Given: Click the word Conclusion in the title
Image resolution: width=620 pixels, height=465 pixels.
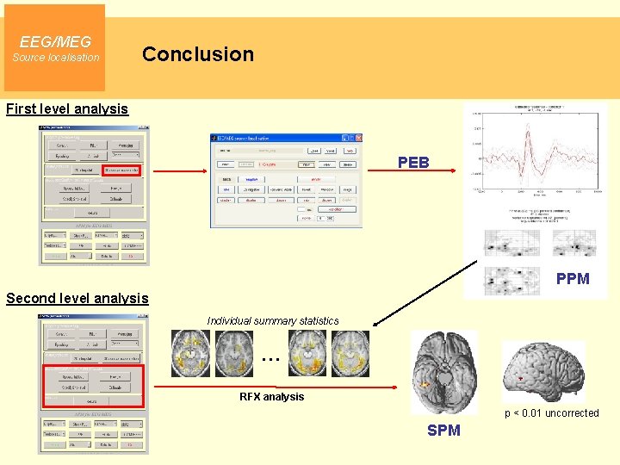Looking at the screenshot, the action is (198, 54).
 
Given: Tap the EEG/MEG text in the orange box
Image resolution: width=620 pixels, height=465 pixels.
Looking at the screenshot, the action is (55, 41).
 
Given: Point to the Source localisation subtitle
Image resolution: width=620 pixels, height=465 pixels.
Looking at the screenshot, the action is (55, 58).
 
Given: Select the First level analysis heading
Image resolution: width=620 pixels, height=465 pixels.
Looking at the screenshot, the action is (67, 108).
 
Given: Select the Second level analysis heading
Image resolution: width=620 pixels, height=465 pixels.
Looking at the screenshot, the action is (77, 298).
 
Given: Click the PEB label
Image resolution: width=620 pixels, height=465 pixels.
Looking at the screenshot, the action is (413, 163).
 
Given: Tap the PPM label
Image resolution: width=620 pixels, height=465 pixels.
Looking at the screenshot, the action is (573, 278).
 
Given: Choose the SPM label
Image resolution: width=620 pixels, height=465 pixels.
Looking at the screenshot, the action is (443, 430).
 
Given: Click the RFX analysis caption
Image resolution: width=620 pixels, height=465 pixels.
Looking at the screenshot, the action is (271, 397).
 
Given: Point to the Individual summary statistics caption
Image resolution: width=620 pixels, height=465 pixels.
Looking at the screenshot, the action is (273, 321).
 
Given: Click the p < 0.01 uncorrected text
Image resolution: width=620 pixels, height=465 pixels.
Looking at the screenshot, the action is (551, 413).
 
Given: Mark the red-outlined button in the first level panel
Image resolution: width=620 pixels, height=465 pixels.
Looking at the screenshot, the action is (122, 170).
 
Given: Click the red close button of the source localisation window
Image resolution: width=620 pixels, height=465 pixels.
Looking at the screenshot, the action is (357, 138).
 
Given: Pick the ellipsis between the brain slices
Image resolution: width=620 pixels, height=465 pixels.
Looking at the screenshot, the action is (270, 356).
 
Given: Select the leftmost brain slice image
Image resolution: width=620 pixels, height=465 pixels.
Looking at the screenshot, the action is (190, 353).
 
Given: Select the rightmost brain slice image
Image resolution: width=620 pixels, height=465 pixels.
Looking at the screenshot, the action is (349, 353).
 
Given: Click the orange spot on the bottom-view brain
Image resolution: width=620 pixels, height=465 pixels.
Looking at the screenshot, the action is (425, 384).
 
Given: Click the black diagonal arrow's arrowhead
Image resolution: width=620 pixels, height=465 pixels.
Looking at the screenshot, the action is (375, 325).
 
